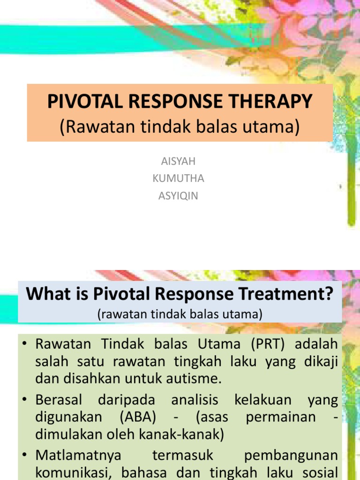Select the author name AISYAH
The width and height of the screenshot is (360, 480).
point(178,161)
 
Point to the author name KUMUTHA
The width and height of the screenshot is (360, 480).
point(178,179)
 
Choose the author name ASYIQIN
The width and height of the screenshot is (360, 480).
point(178,196)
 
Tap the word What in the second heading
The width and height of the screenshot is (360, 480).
point(44,294)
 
